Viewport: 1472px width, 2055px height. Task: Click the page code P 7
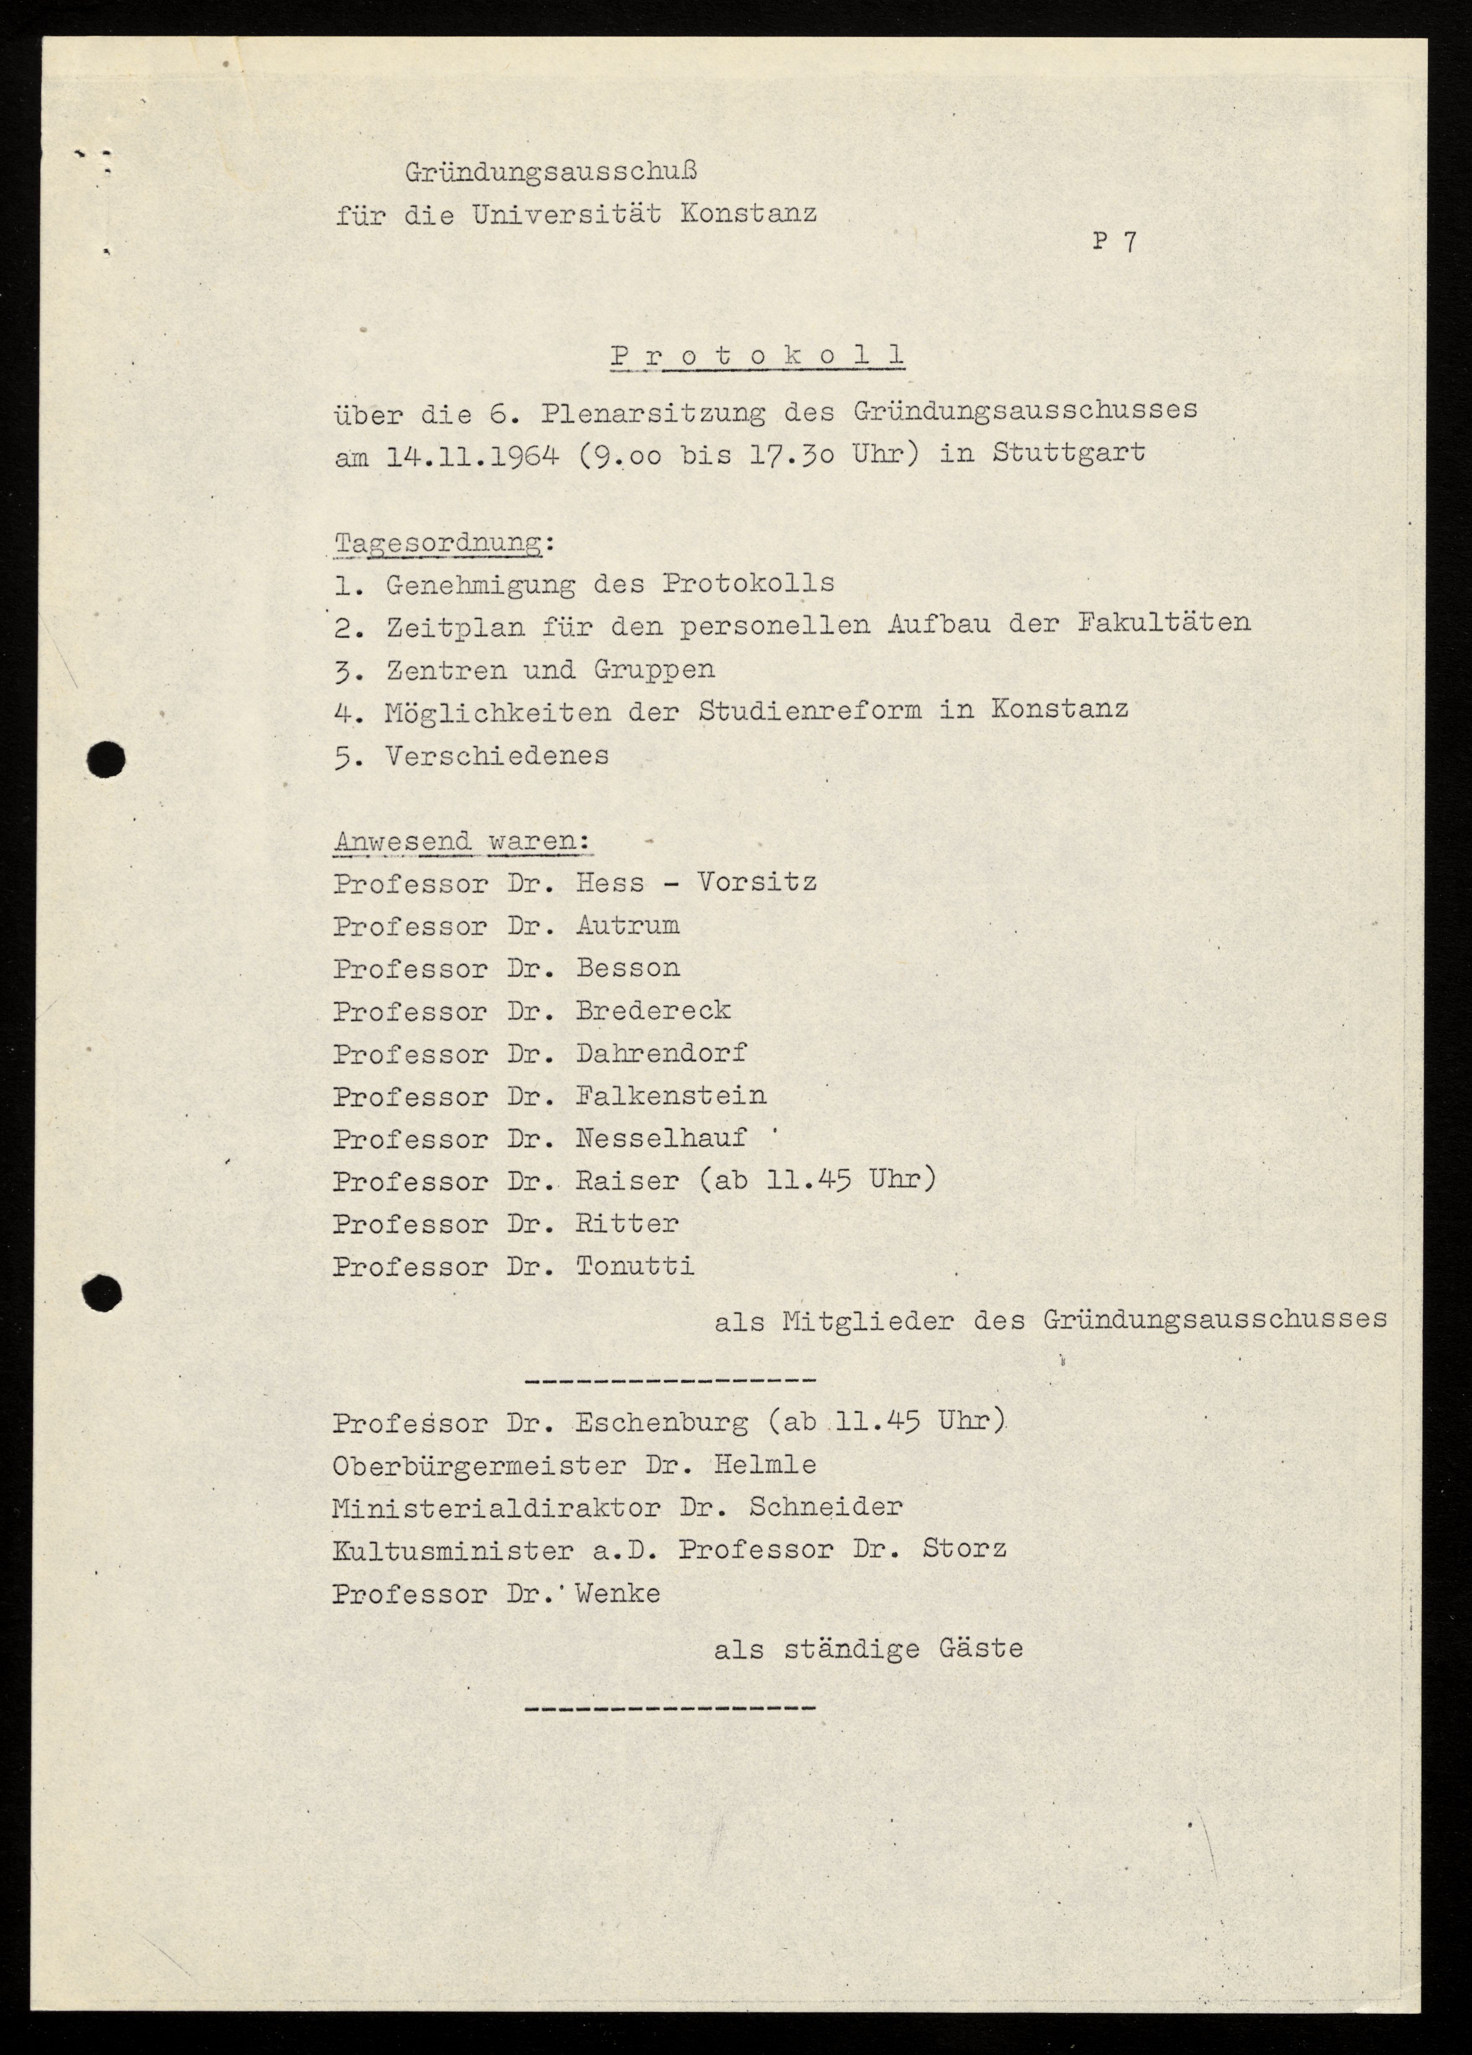coord(1114,242)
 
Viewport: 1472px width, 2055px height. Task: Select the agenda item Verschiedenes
coord(497,756)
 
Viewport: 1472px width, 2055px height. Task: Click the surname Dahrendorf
coord(662,1053)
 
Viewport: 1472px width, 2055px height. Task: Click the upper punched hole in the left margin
coord(107,759)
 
